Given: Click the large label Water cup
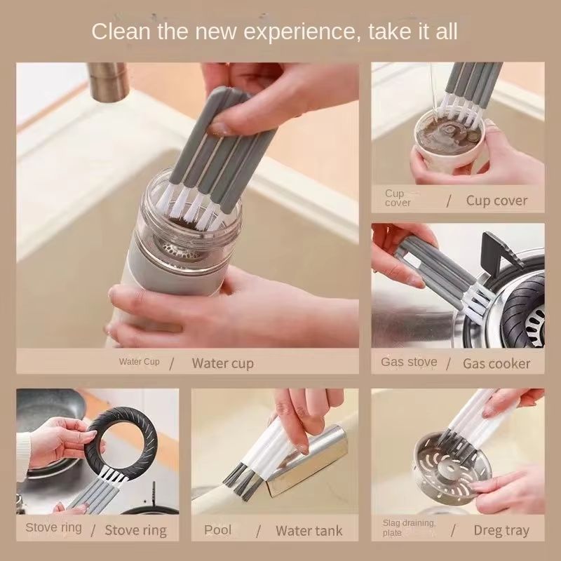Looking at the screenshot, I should click(x=222, y=363).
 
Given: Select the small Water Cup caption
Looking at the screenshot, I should click(x=139, y=362).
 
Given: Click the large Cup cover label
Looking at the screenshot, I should click(x=496, y=201).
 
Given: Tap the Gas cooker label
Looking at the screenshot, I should click(x=496, y=363).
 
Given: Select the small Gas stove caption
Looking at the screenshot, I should click(x=409, y=362).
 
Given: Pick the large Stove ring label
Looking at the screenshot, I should click(x=136, y=530).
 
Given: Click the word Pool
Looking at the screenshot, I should click(x=217, y=529).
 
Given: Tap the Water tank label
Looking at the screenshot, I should click(x=309, y=530).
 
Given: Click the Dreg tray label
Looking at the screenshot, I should click(x=501, y=530).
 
